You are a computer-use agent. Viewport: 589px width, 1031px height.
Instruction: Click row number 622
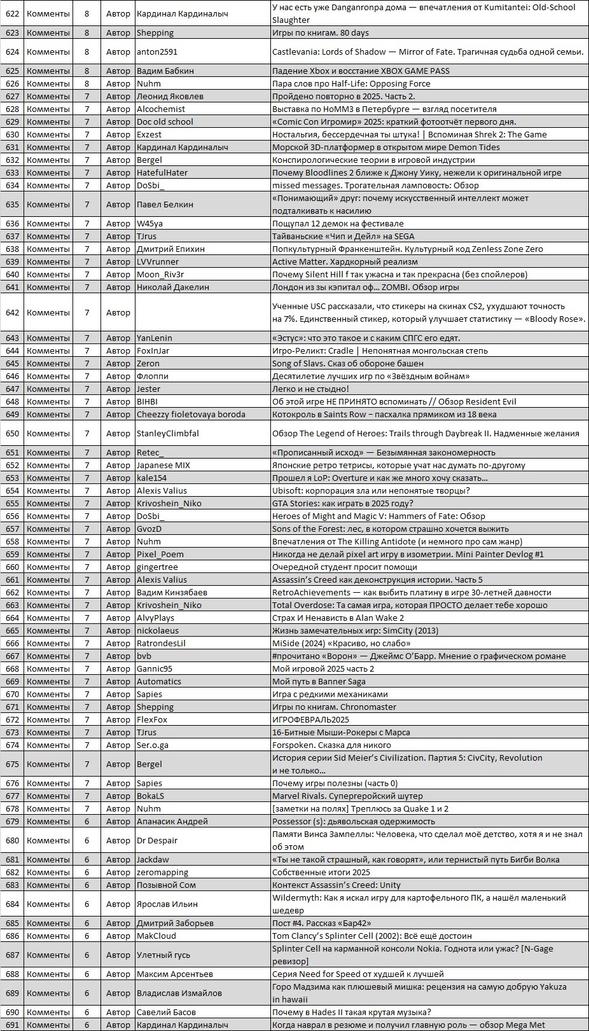click(12, 13)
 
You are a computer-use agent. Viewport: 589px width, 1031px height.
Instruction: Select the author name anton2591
click(157, 52)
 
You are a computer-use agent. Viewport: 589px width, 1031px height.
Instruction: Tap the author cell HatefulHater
click(162, 172)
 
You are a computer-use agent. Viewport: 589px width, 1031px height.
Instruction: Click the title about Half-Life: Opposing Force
click(351, 83)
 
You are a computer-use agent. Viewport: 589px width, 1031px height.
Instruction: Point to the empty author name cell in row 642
click(202, 312)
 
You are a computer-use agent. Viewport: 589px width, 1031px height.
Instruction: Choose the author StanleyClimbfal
click(168, 433)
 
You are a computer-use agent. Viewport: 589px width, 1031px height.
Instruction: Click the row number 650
click(12, 433)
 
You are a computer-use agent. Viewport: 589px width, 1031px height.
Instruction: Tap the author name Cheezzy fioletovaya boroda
click(191, 414)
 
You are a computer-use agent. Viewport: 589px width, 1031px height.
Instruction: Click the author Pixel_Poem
click(160, 554)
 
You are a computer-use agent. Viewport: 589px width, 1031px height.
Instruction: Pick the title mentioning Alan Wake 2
click(338, 618)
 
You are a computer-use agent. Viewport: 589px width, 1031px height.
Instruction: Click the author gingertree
click(157, 567)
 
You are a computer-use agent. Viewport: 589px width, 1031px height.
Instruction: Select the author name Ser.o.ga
click(153, 745)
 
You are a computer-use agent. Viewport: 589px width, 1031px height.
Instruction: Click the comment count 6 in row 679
click(87, 821)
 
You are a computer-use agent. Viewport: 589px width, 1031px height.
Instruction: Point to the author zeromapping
click(162, 872)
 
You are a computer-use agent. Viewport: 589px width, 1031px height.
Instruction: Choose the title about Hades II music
click(352, 1012)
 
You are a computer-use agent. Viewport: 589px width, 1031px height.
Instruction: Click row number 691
click(12, 1025)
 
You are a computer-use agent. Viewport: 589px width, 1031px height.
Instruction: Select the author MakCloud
click(156, 936)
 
